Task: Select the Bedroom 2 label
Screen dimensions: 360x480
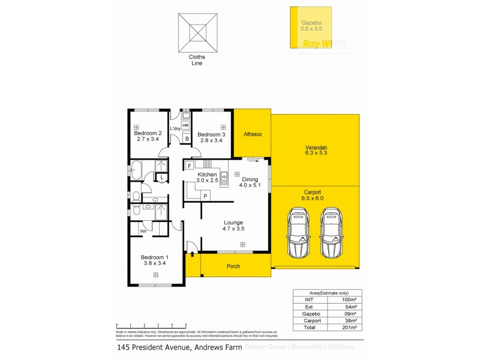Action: tap(148, 136)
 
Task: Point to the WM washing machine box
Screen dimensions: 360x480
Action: tap(185, 125)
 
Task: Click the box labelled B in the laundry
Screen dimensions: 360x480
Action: tap(187, 139)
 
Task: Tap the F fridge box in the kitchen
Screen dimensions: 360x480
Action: tap(190, 165)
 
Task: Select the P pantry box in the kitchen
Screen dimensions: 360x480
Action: tap(205, 196)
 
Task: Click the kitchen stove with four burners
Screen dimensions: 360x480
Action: tap(207, 164)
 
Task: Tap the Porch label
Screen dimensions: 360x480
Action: tap(234, 266)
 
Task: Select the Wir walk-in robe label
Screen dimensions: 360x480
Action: tap(143, 230)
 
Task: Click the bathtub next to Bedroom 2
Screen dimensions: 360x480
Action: tap(137, 170)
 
